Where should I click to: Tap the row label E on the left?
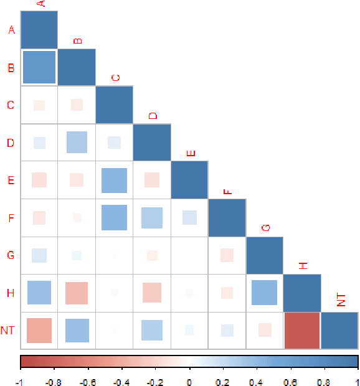pyautogui.click(x=11, y=180)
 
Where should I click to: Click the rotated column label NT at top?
pyautogui.click(x=341, y=303)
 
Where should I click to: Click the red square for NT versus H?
pyautogui.click(x=302, y=331)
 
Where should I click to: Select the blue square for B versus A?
pyautogui.click(x=39, y=67)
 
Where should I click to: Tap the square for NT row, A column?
pyautogui.click(x=39, y=331)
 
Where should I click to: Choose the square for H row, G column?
pyautogui.click(x=264, y=293)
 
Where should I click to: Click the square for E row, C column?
pyautogui.click(x=114, y=180)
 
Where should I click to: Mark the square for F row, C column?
pyautogui.click(x=114, y=217)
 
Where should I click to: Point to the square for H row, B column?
pyautogui.click(x=77, y=293)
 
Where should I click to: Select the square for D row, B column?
pyautogui.click(x=77, y=143)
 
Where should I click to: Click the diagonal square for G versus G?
pyautogui.click(x=265, y=255)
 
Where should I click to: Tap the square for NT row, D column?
pyautogui.click(x=152, y=331)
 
